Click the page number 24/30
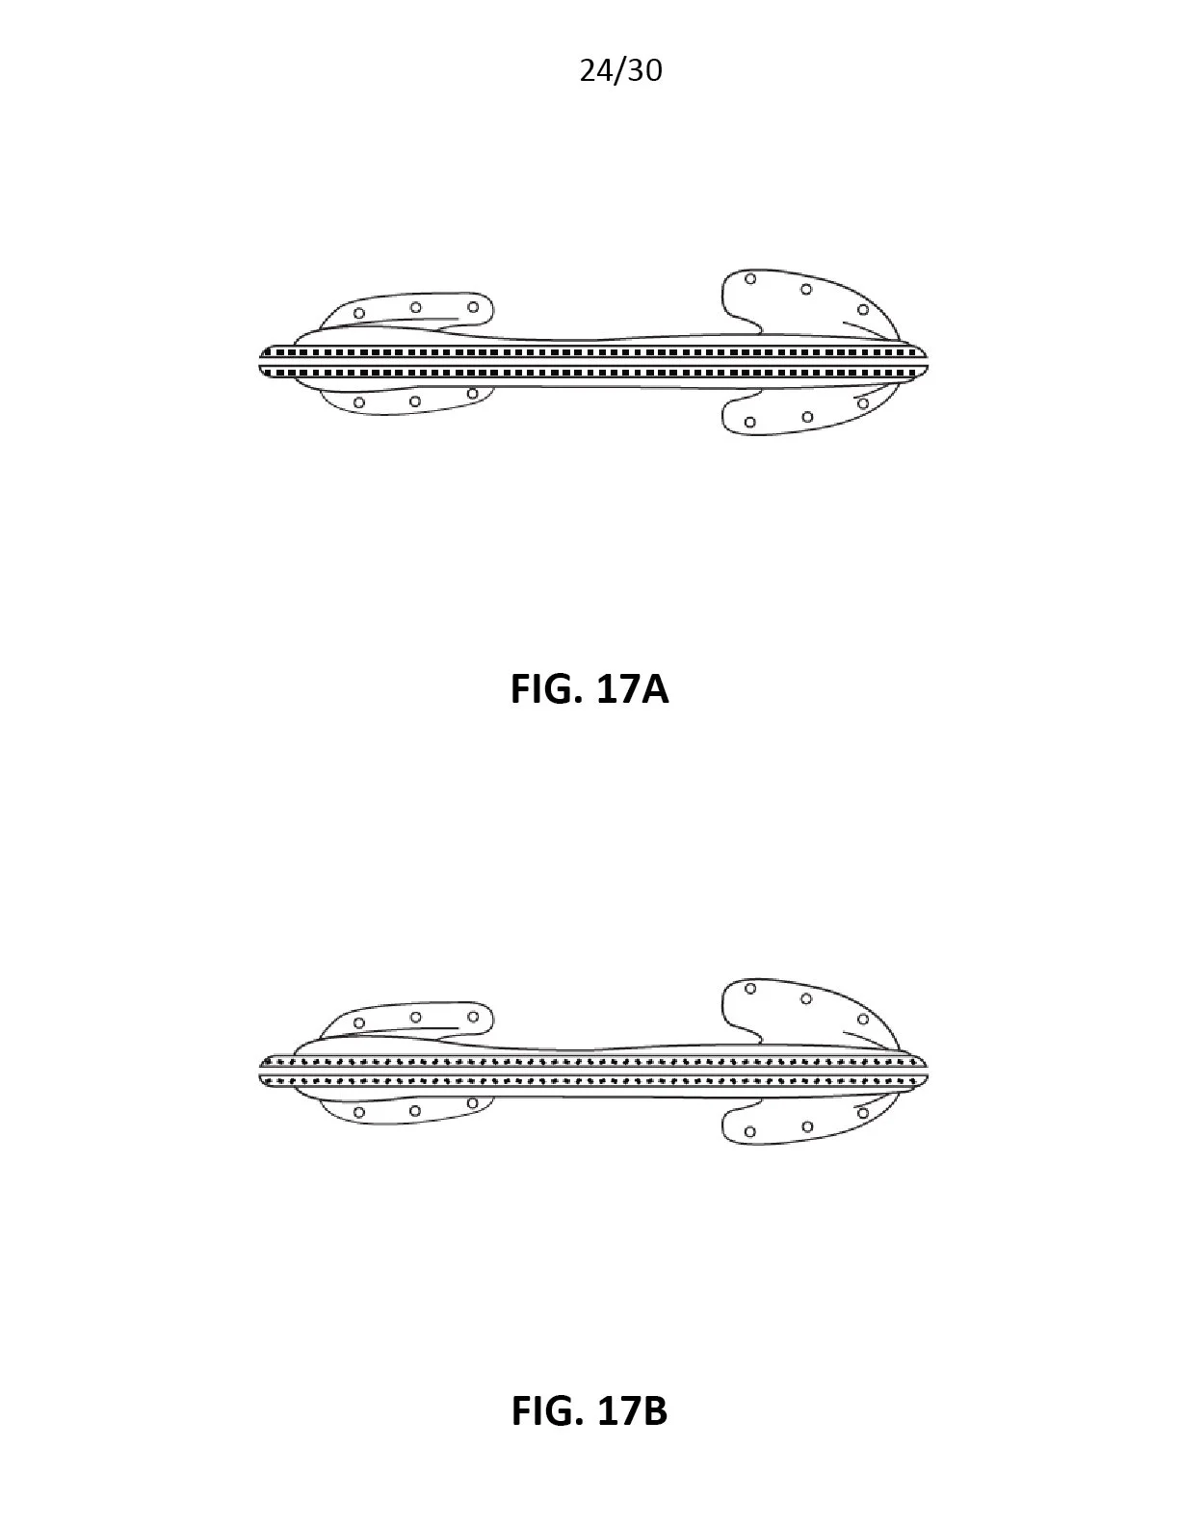pyautogui.click(x=620, y=70)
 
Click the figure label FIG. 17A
pyautogui.click(x=589, y=690)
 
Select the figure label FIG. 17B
pyautogui.click(x=589, y=1410)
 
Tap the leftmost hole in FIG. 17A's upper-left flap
pyautogui.click(x=359, y=313)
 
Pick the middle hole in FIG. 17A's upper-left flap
pyautogui.click(x=415, y=308)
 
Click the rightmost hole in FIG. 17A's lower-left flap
pyautogui.click(x=472, y=394)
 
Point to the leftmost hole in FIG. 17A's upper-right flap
pyautogui.click(x=750, y=279)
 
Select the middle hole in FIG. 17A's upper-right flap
pyautogui.click(x=806, y=289)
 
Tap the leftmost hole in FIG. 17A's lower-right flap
pyautogui.click(x=750, y=422)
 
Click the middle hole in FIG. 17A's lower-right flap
pyautogui.click(x=807, y=417)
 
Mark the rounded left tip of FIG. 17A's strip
pyautogui.click(x=263, y=362)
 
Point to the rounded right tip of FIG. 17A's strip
pyautogui.click(x=926, y=362)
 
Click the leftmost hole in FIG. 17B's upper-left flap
pyautogui.click(x=359, y=1022)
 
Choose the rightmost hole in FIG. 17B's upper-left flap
pyautogui.click(x=472, y=1017)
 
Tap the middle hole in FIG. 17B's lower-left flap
pyautogui.click(x=415, y=1111)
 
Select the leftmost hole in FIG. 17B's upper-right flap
pyautogui.click(x=750, y=989)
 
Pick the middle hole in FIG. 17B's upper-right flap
pyautogui.click(x=806, y=999)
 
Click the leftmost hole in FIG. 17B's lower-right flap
pyautogui.click(x=750, y=1132)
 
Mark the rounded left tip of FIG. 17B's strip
pyautogui.click(x=263, y=1072)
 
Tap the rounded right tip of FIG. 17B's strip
pyautogui.click(x=926, y=1072)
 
